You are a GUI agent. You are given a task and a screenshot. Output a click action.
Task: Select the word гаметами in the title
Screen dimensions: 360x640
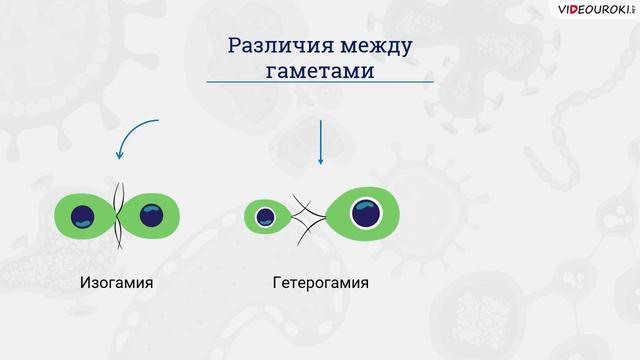(x=320, y=72)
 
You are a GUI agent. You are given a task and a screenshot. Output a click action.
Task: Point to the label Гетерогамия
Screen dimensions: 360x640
(x=320, y=283)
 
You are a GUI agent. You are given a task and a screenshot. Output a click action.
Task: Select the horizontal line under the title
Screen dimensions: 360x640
(x=320, y=81)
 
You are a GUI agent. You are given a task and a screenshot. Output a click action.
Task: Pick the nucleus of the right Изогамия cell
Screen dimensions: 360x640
(x=151, y=214)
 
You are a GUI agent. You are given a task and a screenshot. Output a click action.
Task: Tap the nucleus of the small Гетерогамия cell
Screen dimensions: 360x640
(x=266, y=216)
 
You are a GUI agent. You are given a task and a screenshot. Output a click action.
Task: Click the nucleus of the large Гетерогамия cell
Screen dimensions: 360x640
(x=364, y=212)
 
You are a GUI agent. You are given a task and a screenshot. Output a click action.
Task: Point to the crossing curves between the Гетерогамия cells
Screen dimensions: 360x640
(x=307, y=213)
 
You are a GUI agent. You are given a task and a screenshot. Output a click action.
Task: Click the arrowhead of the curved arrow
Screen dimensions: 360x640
(x=119, y=155)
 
